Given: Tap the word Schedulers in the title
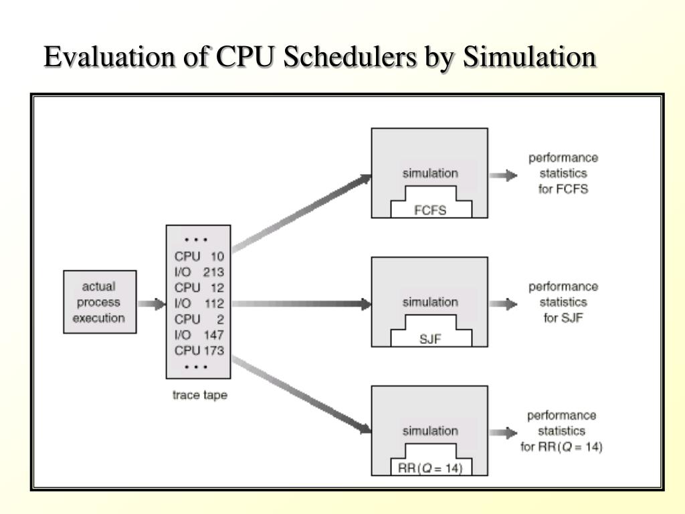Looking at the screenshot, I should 347,58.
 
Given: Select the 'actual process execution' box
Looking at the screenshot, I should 98,303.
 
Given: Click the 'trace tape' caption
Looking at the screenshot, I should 199,395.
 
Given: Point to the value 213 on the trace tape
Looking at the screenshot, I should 213,272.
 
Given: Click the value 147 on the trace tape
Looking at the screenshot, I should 213,335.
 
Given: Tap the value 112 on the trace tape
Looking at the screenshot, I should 213,303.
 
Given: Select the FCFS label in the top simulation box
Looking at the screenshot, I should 430,210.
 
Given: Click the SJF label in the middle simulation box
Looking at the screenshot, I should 430,339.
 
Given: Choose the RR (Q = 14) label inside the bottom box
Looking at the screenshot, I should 430,468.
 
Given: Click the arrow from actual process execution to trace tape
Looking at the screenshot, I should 151,303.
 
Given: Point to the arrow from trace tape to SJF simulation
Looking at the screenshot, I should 301,303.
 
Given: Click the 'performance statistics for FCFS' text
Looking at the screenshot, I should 563,173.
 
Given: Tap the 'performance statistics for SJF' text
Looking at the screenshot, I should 563,302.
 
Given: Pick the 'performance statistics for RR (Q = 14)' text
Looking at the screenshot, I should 562,431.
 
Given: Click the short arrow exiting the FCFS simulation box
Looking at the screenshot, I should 503,175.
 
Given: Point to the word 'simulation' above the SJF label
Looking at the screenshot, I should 430,302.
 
